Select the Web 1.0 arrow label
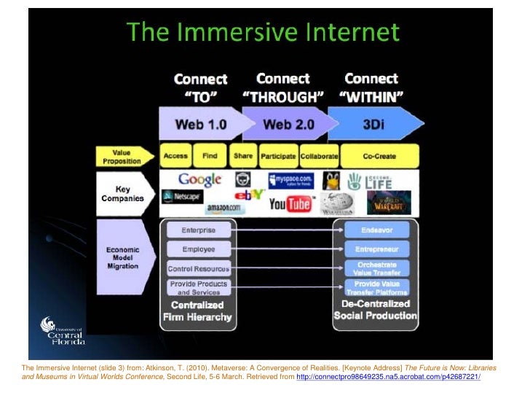(200, 124)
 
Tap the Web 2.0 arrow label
(288, 124)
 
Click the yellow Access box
(175, 156)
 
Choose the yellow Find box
(210, 156)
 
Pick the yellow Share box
(243, 156)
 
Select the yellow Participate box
(278, 156)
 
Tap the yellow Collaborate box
(319, 156)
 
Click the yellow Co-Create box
(379, 156)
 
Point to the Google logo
(199, 179)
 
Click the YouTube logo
(290, 204)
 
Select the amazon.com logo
(224, 209)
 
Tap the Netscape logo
(181, 197)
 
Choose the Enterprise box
(199, 230)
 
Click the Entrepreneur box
(377, 249)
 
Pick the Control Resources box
(199, 268)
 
